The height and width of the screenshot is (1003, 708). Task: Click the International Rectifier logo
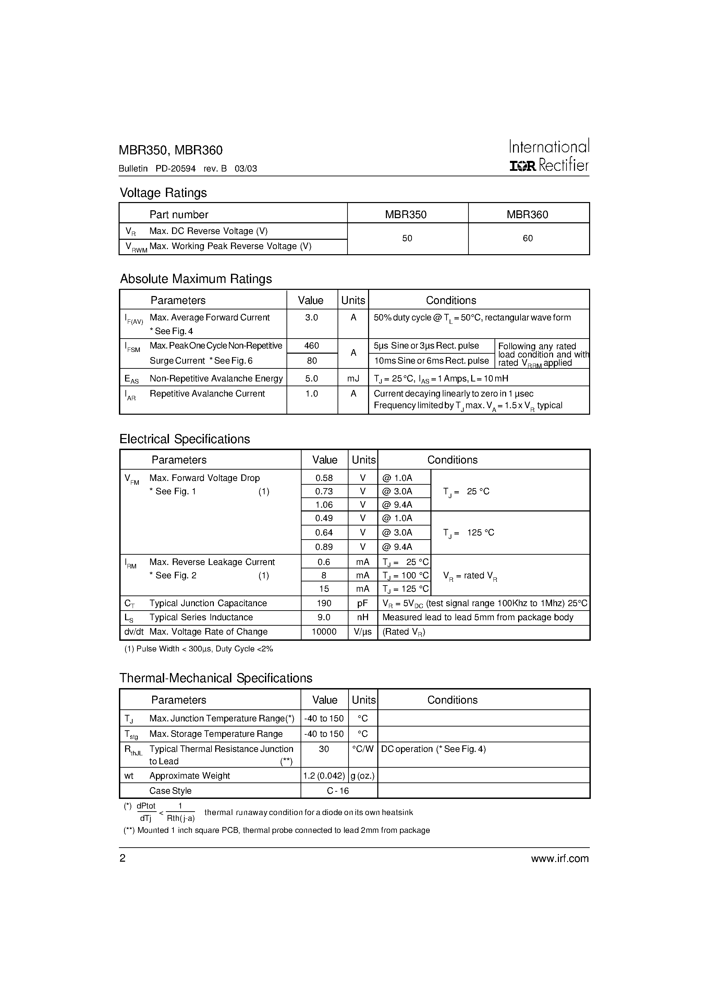click(x=549, y=155)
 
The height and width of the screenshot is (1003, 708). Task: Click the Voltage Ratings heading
click(x=163, y=193)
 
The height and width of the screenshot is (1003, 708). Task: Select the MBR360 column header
click(x=527, y=214)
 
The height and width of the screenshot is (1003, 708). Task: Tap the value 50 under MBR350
click(x=407, y=238)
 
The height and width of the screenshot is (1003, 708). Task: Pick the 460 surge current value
click(x=312, y=345)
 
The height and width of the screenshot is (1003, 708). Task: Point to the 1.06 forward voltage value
click(x=324, y=505)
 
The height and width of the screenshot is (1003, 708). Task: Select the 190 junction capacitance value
click(x=324, y=603)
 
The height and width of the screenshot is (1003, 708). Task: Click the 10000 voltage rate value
click(x=324, y=632)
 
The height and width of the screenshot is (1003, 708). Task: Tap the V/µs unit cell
click(x=363, y=632)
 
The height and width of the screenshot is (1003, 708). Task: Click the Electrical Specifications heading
click(x=185, y=439)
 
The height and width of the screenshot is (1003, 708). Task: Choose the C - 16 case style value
click(x=338, y=791)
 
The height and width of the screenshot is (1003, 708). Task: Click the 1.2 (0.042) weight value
click(x=324, y=776)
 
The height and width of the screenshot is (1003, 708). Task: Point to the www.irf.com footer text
click(x=560, y=859)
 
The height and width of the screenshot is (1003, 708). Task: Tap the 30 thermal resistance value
click(x=324, y=749)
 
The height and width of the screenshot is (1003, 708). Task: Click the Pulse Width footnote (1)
click(x=199, y=649)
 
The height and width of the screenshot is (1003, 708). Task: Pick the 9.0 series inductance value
click(x=324, y=617)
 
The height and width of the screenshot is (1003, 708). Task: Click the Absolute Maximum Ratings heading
click(x=196, y=279)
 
